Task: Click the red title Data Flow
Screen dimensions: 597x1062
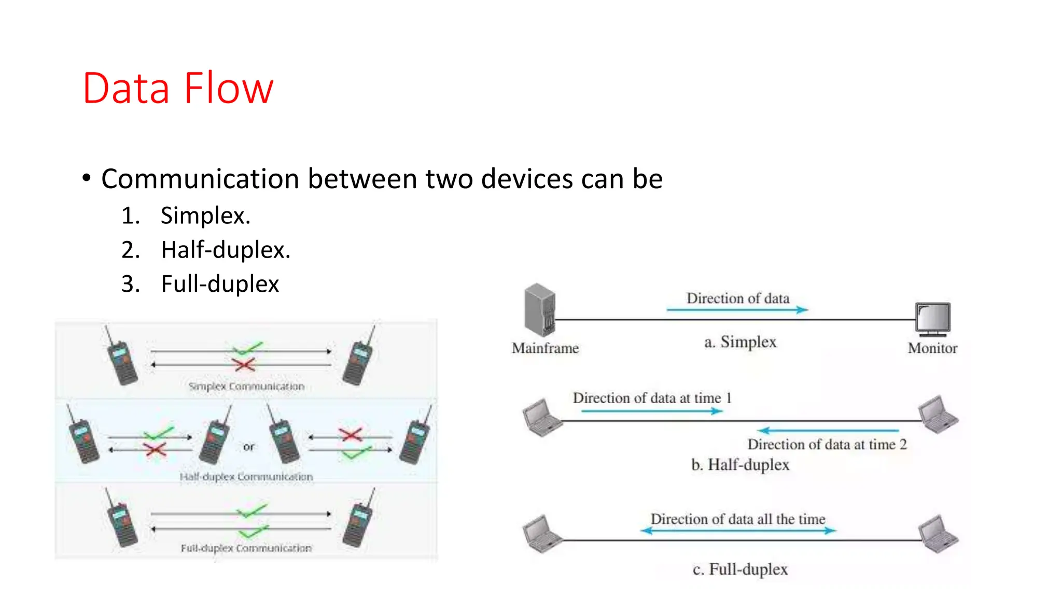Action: point(177,88)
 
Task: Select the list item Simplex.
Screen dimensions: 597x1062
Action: point(205,216)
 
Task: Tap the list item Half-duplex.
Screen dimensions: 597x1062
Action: point(225,250)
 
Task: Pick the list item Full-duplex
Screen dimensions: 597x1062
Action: point(219,284)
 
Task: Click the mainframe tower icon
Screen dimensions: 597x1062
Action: point(539,310)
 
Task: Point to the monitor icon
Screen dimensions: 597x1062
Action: point(932,319)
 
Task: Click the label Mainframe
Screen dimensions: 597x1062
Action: point(545,348)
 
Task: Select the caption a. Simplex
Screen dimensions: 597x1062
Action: point(740,342)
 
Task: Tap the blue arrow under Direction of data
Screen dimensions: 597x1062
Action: point(737,310)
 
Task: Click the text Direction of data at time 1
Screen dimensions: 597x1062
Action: point(652,398)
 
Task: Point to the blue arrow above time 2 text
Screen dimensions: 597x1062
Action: point(828,430)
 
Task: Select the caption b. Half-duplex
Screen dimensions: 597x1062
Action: point(740,464)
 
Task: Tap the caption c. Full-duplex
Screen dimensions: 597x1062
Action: point(740,570)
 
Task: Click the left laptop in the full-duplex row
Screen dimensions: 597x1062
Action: point(542,534)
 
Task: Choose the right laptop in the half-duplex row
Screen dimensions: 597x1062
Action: point(938,415)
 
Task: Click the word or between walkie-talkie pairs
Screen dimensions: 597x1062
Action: point(249,447)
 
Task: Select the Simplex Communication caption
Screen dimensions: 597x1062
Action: point(246,387)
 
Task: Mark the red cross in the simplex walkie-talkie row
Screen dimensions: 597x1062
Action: point(244,365)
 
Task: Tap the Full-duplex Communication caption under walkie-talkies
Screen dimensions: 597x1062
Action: point(246,548)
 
